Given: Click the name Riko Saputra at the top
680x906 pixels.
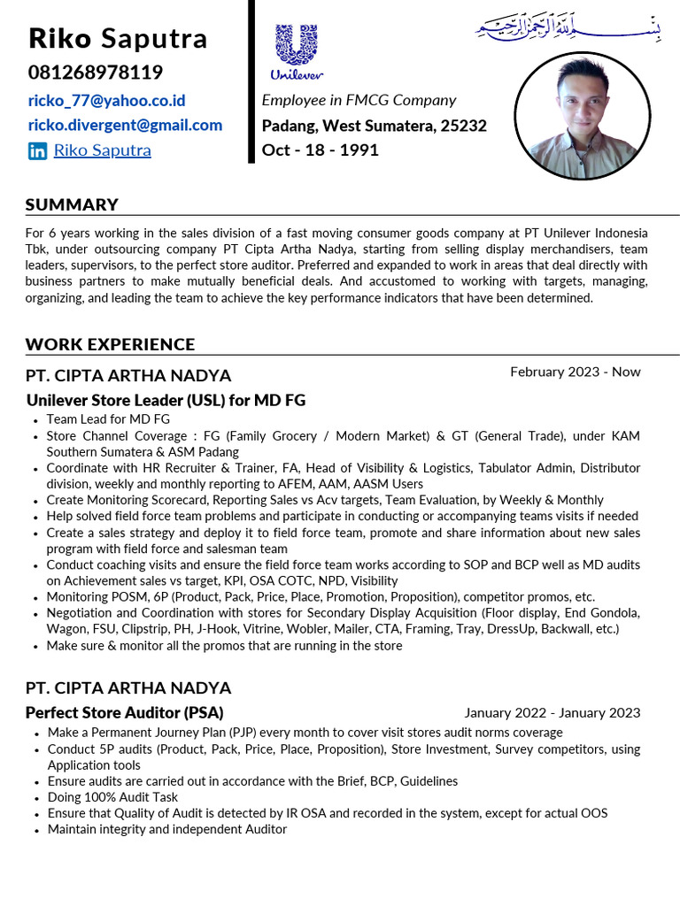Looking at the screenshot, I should (x=118, y=39).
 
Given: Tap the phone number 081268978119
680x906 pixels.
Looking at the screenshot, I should (x=95, y=73).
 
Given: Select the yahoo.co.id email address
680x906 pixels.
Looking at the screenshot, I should (x=106, y=101).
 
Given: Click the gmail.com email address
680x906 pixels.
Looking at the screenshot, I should (x=125, y=126).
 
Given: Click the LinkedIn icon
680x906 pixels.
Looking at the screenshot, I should (x=37, y=151).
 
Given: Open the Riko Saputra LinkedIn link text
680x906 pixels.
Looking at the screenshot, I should (x=102, y=150).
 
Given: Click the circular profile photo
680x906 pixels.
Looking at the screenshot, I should (x=582, y=114).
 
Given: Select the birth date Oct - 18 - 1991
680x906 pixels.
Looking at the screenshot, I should (x=320, y=150).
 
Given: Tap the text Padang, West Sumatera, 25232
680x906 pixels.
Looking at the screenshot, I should (x=374, y=126).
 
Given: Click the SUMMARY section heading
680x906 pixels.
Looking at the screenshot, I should (x=72, y=204).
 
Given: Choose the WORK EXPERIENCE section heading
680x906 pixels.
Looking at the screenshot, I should (x=110, y=344).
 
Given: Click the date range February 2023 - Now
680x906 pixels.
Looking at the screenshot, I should (x=575, y=372).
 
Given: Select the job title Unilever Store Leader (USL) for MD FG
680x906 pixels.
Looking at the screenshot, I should (x=166, y=400).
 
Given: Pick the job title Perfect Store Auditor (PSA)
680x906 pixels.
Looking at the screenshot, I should (x=124, y=712).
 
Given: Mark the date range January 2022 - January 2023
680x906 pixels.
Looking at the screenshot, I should (x=552, y=713).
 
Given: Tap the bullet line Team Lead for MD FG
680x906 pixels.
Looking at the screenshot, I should (x=108, y=419).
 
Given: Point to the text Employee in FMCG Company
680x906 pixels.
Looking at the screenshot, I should (x=359, y=101).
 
